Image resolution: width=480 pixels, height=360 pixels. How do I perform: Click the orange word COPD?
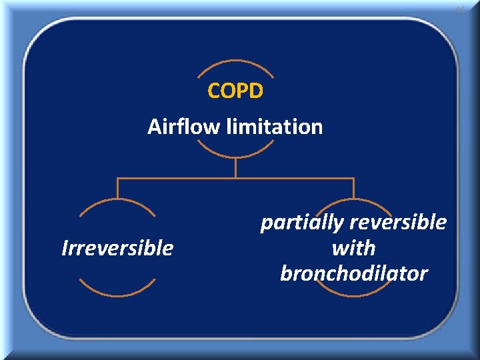click(x=235, y=91)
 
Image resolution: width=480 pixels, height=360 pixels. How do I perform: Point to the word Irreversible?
click(x=117, y=248)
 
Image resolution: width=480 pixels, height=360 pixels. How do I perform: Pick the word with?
click(x=353, y=248)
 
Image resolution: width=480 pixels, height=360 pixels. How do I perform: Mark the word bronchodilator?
click(x=353, y=273)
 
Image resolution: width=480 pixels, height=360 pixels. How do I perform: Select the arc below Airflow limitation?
click(x=235, y=153)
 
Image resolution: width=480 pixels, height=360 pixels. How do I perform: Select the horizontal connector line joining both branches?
click(x=235, y=178)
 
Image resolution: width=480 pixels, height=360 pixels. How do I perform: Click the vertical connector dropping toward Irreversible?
click(x=117, y=188)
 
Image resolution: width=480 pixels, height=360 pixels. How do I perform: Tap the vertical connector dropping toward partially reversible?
click(x=353, y=188)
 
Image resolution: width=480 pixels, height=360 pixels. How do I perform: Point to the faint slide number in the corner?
click(x=460, y=10)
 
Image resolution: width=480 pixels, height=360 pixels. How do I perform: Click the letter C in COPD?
click(x=214, y=91)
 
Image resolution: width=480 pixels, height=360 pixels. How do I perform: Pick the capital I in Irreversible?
click(x=64, y=248)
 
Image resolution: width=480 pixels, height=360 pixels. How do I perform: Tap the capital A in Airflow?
click(x=154, y=126)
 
